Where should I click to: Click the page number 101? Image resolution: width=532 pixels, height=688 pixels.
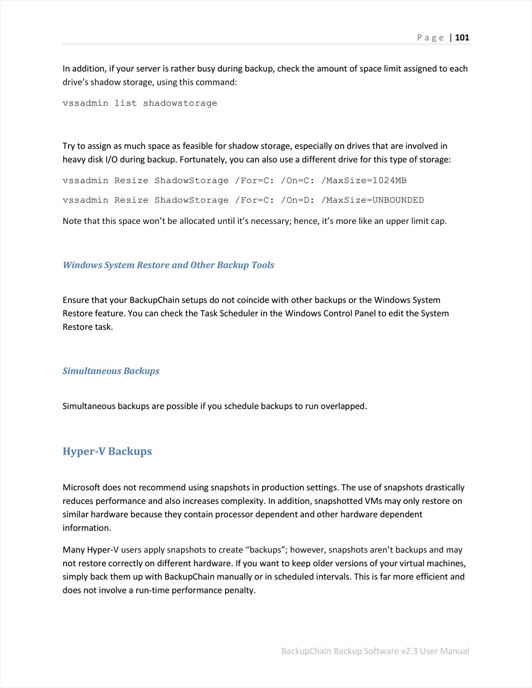click(462, 38)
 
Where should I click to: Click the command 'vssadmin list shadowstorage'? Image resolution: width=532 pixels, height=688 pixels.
click(140, 103)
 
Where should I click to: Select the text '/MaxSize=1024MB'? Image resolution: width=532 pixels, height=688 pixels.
click(364, 180)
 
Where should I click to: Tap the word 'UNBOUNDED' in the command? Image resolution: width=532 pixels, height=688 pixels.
click(398, 200)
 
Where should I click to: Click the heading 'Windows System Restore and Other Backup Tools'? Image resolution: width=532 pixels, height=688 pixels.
click(169, 265)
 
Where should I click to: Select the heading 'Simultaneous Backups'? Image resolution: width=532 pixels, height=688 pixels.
click(111, 371)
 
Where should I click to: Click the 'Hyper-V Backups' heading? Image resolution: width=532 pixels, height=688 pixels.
click(107, 451)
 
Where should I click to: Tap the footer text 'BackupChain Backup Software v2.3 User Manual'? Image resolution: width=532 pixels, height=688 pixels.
click(375, 651)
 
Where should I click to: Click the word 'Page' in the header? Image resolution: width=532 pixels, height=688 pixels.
click(430, 38)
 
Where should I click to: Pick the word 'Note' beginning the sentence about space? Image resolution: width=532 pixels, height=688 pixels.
click(72, 221)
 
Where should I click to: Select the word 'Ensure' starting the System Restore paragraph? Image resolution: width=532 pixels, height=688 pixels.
click(76, 300)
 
